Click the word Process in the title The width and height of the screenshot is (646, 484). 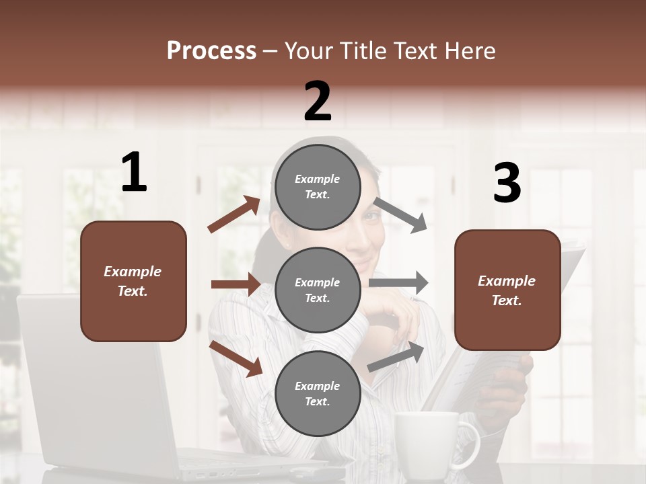click(211, 51)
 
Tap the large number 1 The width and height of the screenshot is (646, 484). click(134, 173)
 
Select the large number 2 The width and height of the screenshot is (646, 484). click(318, 102)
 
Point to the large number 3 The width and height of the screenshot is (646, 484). click(507, 184)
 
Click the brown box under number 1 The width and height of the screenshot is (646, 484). click(133, 281)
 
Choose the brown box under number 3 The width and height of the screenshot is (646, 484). click(507, 290)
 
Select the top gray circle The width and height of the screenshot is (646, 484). click(318, 187)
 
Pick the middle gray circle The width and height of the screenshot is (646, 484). click(318, 290)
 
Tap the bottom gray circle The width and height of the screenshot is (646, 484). click(318, 393)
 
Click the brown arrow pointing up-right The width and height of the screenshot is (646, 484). click(234, 214)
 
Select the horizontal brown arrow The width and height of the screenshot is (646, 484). click(236, 284)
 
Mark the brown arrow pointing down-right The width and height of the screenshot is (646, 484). click(236, 358)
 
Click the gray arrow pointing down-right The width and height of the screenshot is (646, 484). click(400, 215)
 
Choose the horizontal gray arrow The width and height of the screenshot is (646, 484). click(398, 282)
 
